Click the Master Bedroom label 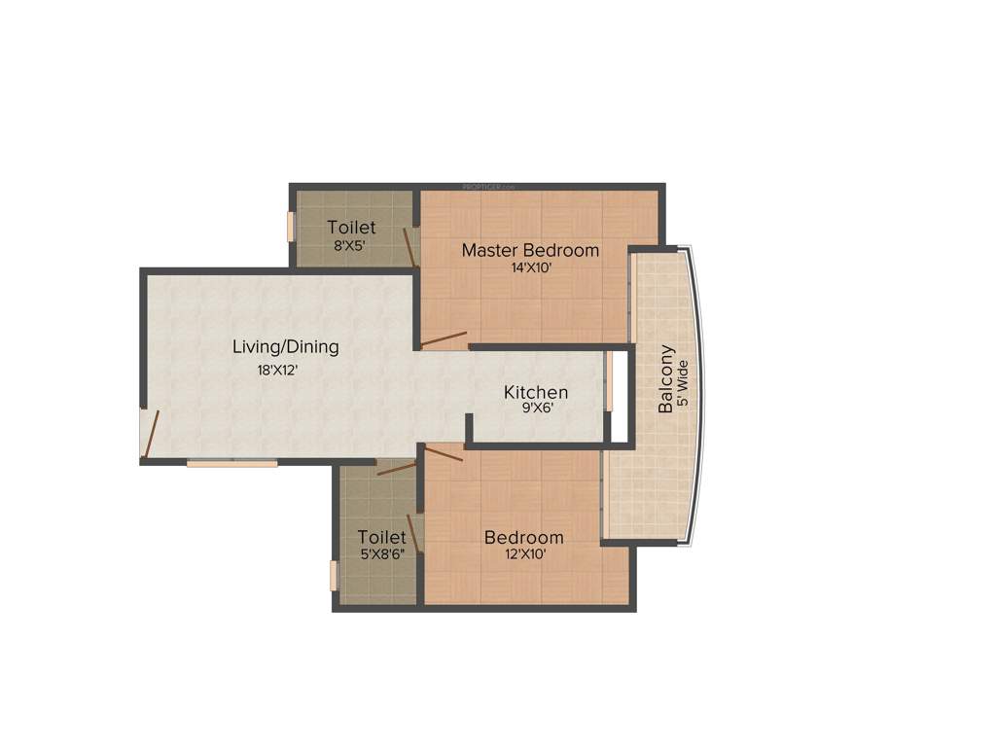pos(530,250)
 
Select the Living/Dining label pos(286,346)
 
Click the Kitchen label pos(536,392)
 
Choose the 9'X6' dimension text pos(536,409)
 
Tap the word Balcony pos(666,378)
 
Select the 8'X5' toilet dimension pos(349,246)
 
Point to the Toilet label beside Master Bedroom pos(351,228)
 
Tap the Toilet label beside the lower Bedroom pos(381,537)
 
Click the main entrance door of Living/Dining pos(149,433)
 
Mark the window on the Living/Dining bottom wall pos(232,463)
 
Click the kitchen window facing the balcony pos(611,380)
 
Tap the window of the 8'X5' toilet pos(290,226)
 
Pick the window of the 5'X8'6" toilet pos(333,575)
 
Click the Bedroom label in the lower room pos(523,537)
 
